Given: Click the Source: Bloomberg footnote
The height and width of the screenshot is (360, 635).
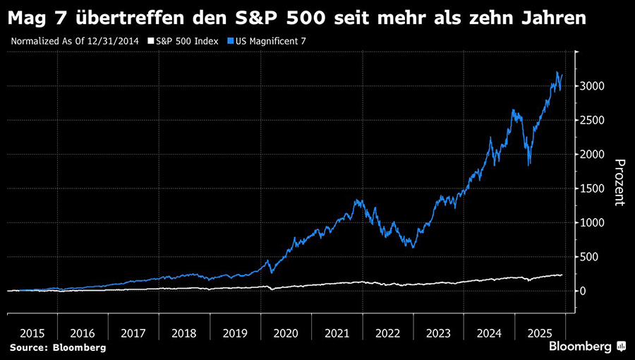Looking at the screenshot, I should [x=57, y=347].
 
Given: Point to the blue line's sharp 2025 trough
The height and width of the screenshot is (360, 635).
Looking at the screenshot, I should [x=528, y=164].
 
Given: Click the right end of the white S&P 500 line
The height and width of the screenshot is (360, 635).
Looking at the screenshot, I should [x=562, y=275].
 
